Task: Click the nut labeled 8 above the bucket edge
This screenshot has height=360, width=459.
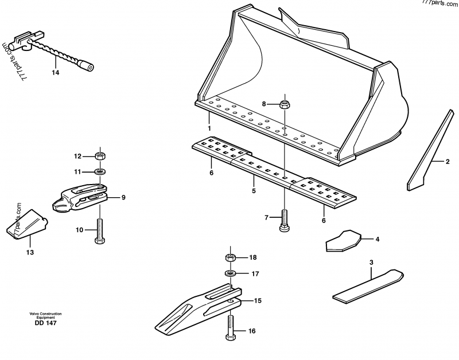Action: pos(284,104)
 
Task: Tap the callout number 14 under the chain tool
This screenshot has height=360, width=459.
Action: pos(55,73)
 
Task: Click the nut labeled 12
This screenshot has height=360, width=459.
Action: pos(100,155)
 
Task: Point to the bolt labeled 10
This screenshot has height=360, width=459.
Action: pos(100,230)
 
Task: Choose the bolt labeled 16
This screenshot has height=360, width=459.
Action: pos(231,328)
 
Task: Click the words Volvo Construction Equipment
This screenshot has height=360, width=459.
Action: pos(46,315)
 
